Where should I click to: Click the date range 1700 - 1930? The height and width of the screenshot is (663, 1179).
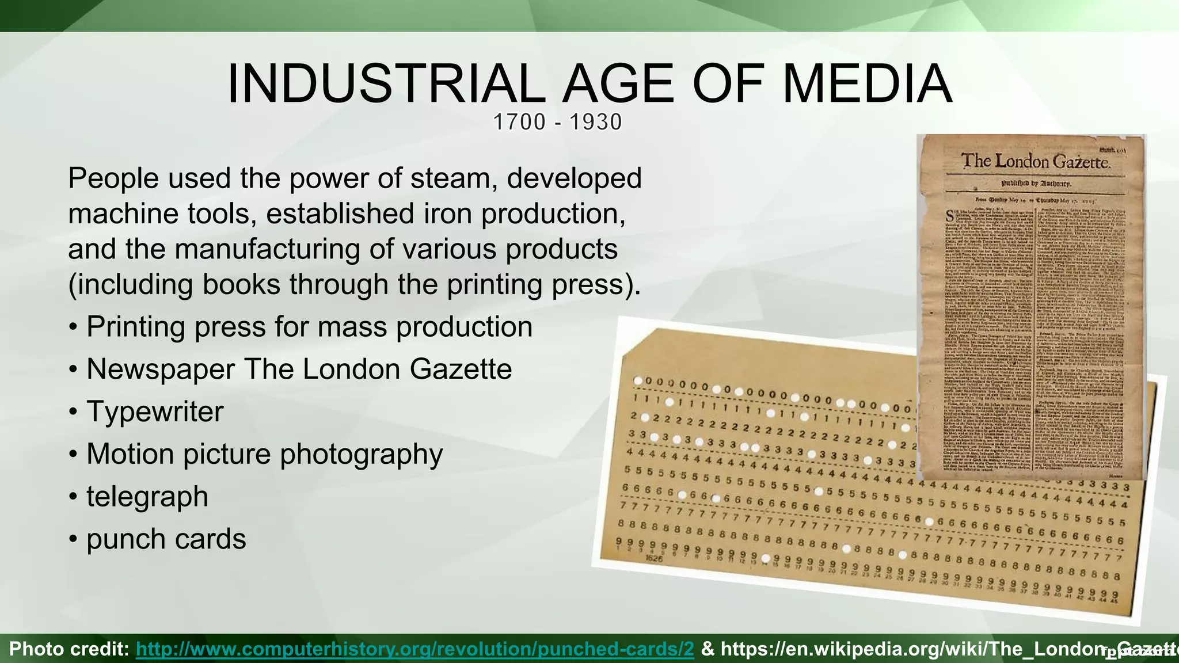[x=557, y=122]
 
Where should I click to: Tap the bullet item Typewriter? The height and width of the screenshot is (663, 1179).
[x=154, y=411]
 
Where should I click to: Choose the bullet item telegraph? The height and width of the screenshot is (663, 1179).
[x=147, y=496]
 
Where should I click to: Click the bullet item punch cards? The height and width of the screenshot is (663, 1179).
[x=166, y=539]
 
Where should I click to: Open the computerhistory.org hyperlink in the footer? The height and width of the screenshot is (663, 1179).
[x=414, y=649]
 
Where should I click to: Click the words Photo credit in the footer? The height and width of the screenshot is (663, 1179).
[x=69, y=649]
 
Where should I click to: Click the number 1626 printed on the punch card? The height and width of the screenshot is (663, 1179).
[x=654, y=558]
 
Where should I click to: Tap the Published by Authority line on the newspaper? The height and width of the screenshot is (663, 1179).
[x=1036, y=184]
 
